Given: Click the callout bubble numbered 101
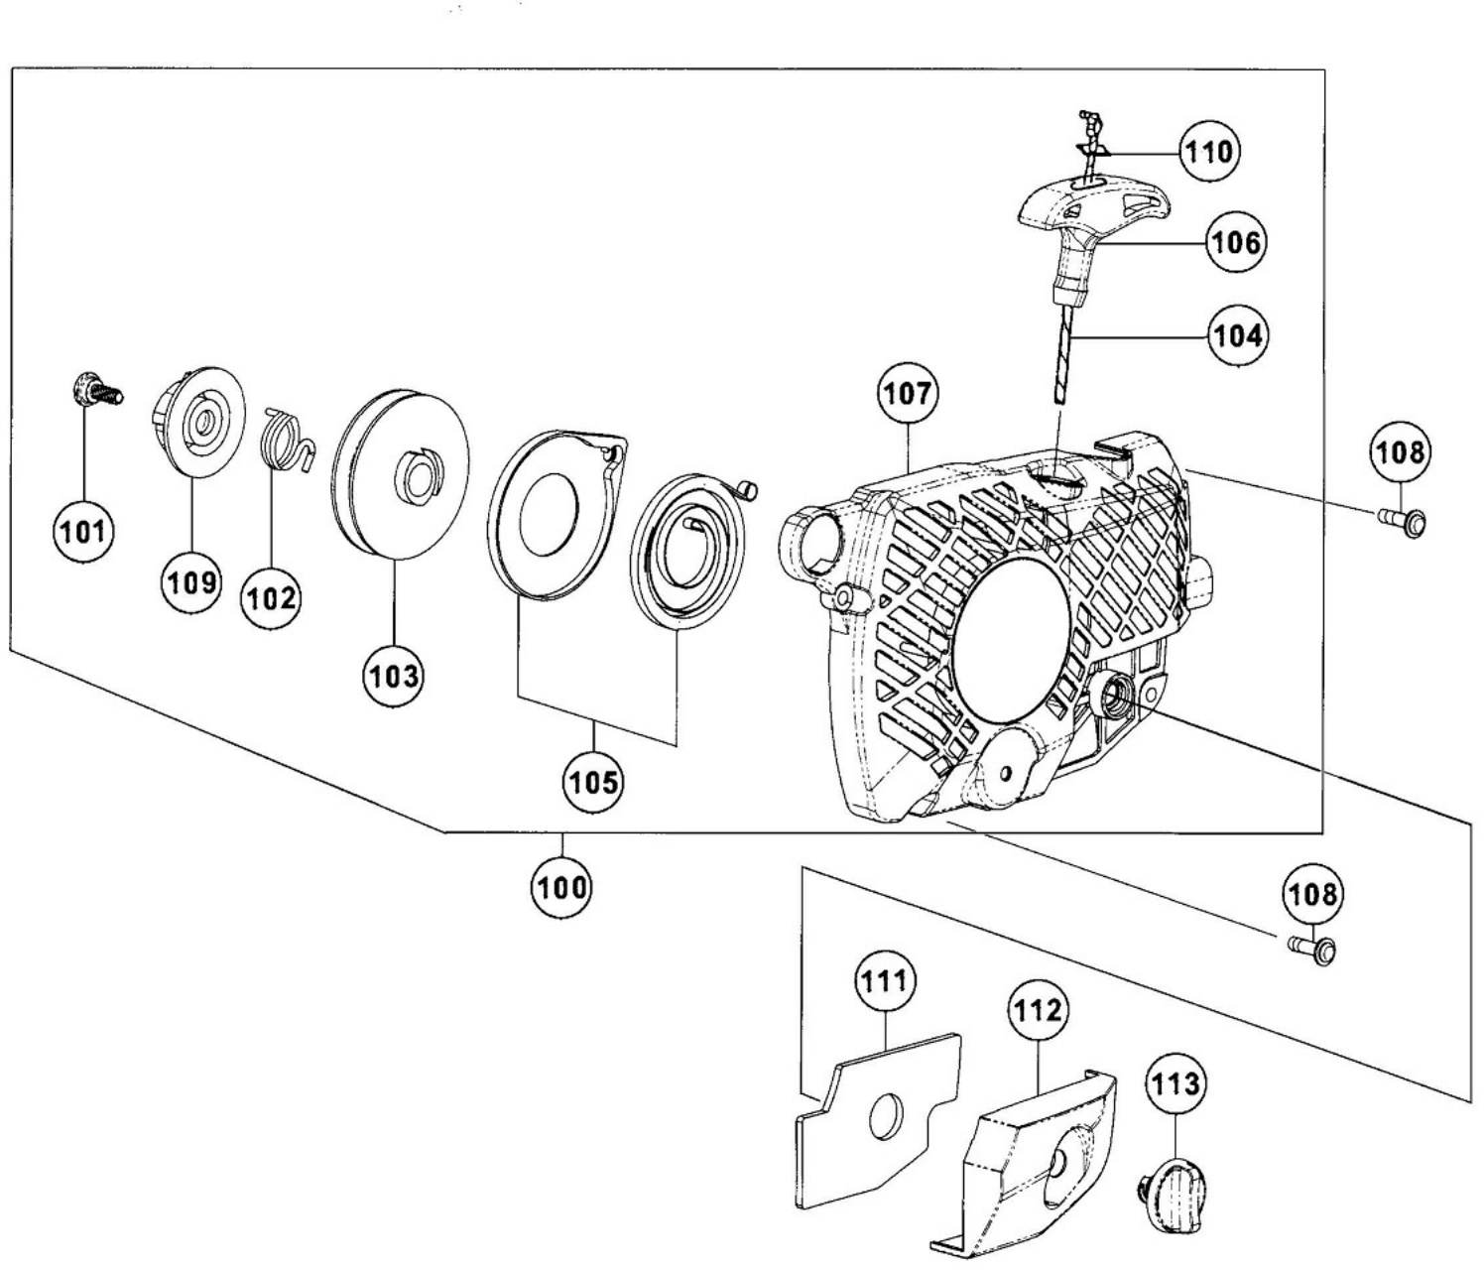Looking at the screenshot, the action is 84,532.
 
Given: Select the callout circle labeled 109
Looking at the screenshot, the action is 191,582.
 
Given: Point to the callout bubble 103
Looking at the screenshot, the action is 394,676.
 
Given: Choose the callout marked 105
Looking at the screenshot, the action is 593,782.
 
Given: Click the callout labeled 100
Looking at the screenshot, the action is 561,887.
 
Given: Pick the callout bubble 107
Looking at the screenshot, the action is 908,394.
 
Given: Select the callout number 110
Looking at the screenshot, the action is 1209,152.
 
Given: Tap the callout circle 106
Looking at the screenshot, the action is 1235,242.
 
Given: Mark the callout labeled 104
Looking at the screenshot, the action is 1238,335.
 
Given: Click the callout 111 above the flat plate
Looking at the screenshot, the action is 885,980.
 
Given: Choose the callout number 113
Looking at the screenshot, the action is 1175,1084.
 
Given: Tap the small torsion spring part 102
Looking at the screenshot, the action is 288,441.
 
